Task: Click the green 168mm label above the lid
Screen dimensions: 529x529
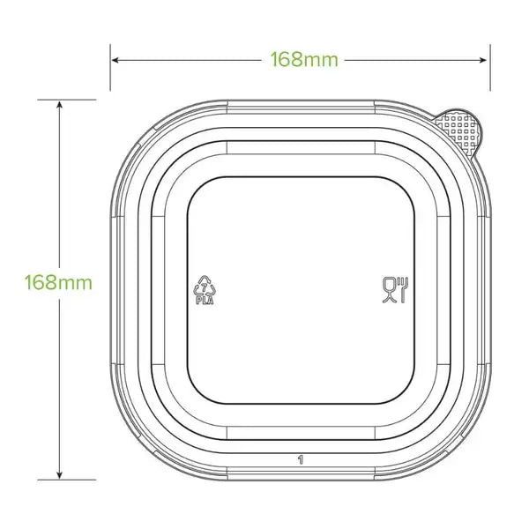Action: (x=300, y=60)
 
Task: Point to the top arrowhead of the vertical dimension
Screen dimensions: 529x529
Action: (x=59, y=104)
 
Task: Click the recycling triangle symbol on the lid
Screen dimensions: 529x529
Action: (x=204, y=285)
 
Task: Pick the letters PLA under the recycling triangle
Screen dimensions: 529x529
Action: (x=204, y=299)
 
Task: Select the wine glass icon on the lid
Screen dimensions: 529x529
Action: (x=389, y=288)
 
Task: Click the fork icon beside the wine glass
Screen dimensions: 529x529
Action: (x=403, y=288)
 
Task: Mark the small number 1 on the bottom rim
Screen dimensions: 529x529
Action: (x=301, y=459)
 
